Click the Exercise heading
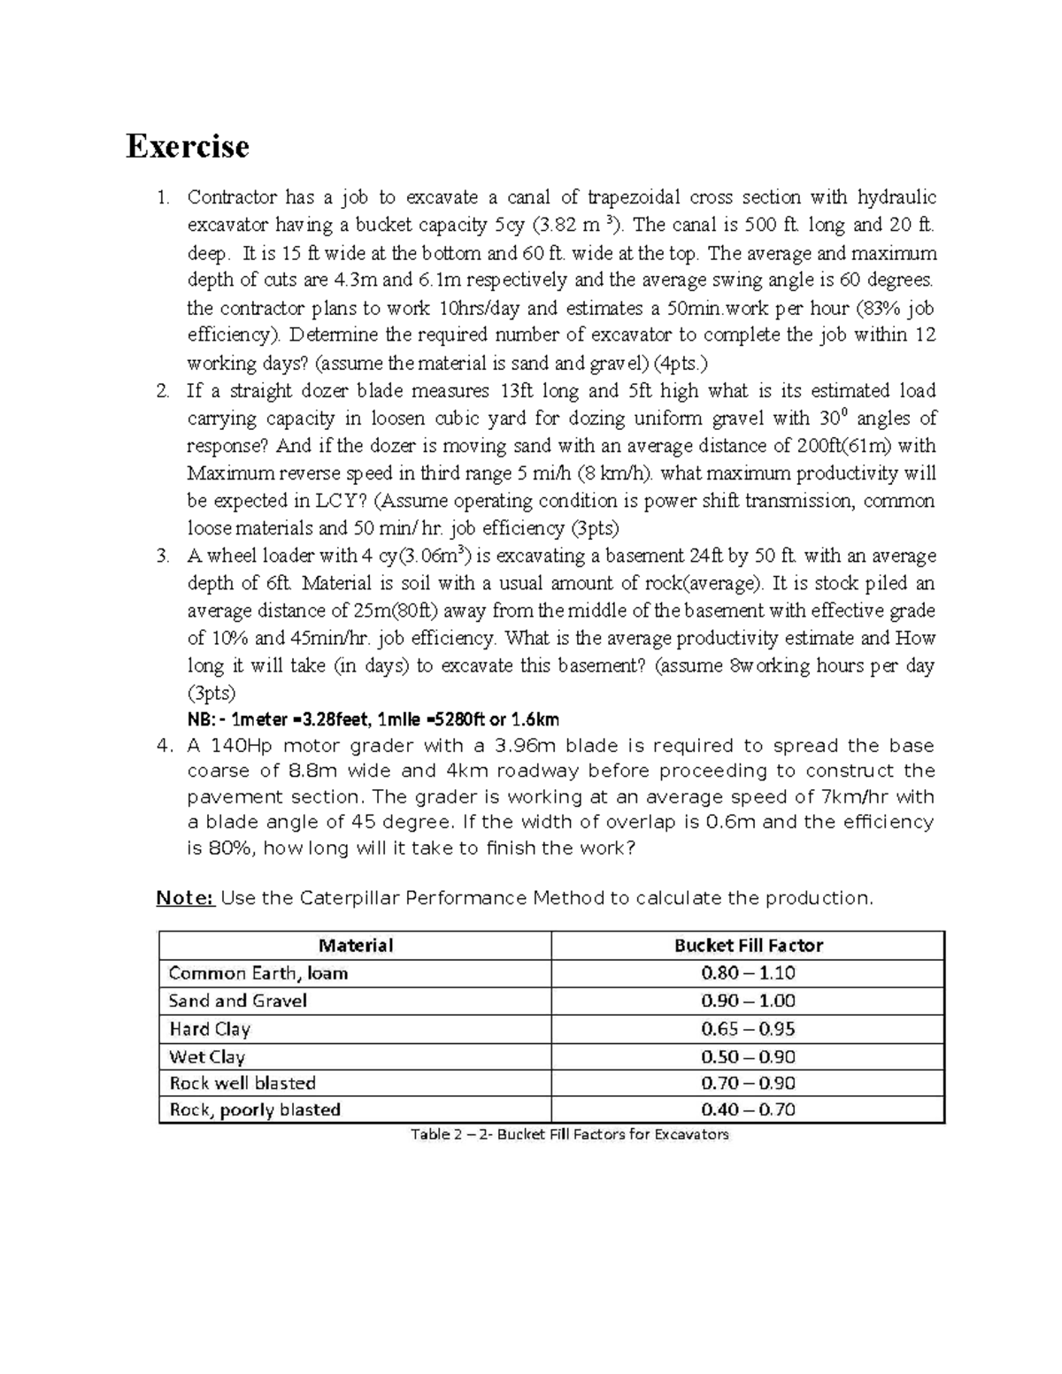click(187, 146)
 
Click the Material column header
click(355, 945)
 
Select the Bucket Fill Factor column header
click(748, 945)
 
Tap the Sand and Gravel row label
click(237, 1001)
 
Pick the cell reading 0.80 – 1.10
click(748, 973)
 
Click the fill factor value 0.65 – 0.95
click(748, 1029)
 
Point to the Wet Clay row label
click(207, 1056)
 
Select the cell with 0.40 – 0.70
click(748, 1109)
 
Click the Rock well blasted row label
click(242, 1083)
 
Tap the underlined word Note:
click(185, 898)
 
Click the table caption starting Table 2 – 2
click(569, 1134)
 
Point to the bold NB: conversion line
click(373, 719)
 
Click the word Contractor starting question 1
click(232, 197)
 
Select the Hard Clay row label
click(209, 1029)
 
